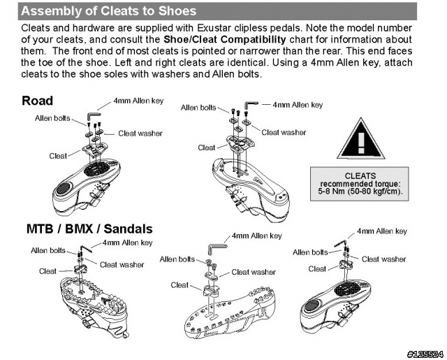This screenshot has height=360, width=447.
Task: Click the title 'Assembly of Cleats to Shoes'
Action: pos(108,11)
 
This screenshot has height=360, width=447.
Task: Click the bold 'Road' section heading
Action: pos(38,101)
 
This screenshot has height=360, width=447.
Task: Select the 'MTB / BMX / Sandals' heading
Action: pos(89,229)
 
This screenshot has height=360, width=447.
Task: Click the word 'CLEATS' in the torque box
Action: pos(360,176)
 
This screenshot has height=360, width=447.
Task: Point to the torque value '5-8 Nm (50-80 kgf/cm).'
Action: pos(360,192)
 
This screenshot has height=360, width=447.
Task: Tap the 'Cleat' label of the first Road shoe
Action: pos(58,155)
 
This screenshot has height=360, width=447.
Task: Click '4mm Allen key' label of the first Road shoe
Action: pos(138,101)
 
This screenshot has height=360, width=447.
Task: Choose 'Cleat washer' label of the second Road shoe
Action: pos(284,132)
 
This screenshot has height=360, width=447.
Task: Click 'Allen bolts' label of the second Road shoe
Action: pos(198,108)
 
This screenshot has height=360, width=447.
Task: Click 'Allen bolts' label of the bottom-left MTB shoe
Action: pos(48,250)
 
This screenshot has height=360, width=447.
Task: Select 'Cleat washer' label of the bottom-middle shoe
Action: pos(254,272)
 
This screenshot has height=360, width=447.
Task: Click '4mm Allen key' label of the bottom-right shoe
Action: pos(381,231)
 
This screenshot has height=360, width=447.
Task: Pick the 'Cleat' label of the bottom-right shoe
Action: pos(317,268)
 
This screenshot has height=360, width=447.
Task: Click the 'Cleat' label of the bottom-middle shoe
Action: pos(179,285)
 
